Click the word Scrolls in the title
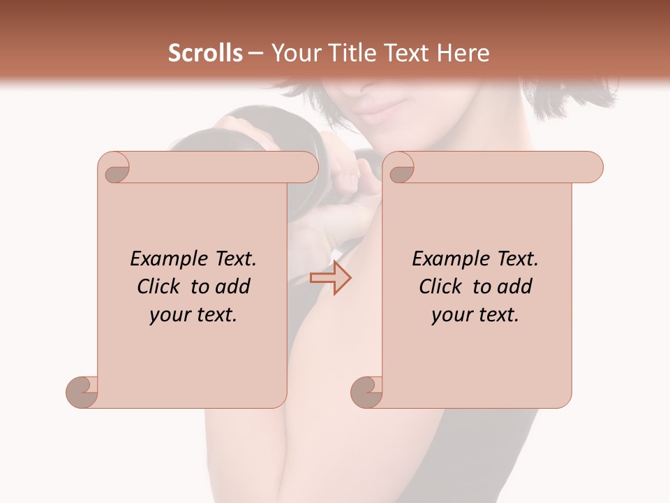tap(205, 53)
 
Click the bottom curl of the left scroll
tap(82, 392)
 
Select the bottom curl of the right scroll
tap(367, 392)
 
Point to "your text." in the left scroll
tap(193, 315)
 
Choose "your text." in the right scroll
tap(475, 315)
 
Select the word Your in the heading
tap(293, 53)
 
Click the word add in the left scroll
tap(232, 286)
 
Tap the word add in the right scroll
tap(514, 286)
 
